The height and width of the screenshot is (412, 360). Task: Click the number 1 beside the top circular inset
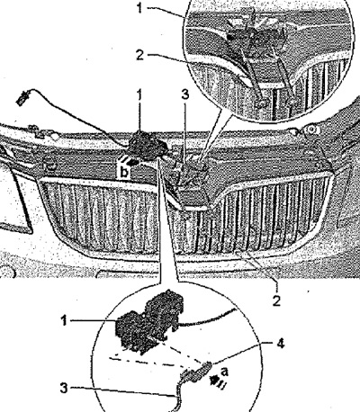point(139,8)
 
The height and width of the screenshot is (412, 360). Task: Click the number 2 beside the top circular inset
point(140,55)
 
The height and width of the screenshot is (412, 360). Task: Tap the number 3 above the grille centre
point(185,94)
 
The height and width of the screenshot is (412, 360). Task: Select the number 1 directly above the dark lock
point(139,95)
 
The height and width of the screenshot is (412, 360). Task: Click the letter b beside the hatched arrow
point(124,173)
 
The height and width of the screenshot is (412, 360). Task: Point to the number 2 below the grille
point(276,300)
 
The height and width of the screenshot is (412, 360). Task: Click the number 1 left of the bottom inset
point(64,321)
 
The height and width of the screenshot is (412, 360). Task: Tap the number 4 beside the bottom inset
point(280,344)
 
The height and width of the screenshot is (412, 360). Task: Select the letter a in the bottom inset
point(224,372)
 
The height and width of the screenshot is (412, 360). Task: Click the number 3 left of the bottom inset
point(64,389)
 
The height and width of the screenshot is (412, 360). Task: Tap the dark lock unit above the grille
point(148,146)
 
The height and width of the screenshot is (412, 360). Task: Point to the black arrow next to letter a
point(215,381)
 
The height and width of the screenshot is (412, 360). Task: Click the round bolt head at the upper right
point(311,130)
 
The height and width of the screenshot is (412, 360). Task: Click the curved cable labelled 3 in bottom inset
point(177,396)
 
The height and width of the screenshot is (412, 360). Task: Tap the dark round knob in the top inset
point(230,37)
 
